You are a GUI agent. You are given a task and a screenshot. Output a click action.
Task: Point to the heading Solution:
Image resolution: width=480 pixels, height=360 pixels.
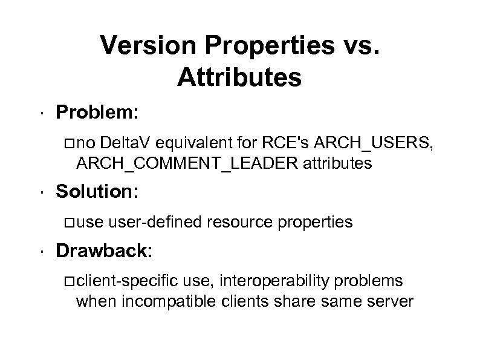98,193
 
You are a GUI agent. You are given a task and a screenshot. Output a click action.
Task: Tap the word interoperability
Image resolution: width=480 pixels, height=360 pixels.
286,280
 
